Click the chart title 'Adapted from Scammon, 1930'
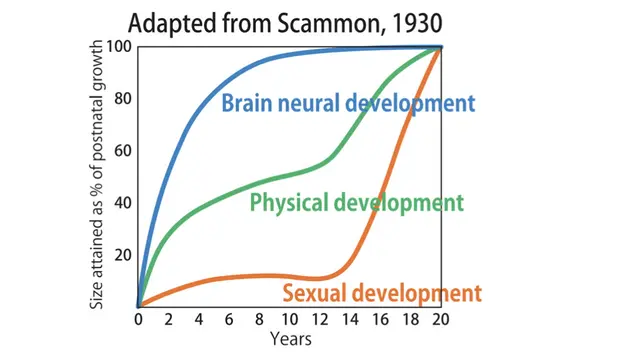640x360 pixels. pyautogui.click(x=285, y=24)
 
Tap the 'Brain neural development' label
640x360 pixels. pyautogui.click(x=348, y=103)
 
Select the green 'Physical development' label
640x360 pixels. pyautogui.click(x=356, y=203)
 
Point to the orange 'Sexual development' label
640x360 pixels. pyautogui.click(x=382, y=293)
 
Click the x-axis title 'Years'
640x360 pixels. pyautogui.click(x=291, y=339)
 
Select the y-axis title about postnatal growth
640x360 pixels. pyautogui.click(x=96, y=174)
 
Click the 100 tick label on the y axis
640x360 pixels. pyautogui.click(x=119, y=47)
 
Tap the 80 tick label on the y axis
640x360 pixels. pyautogui.click(x=123, y=99)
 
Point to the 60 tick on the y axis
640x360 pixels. pyautogui.click(x=123, y=151)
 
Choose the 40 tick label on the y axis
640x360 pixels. pyautogui.click(x=123, y=203)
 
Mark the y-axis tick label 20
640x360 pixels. pyautogui.click(x=123, y=255)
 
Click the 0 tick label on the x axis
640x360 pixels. pyautogui.click(x=138, y=320)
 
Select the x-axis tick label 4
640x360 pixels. pyautogui.click(x=199, y=320)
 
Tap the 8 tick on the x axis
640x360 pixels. pyautogui.click(x=259, y=320)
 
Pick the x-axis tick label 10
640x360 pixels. pyautogui.click(x=290, y=320)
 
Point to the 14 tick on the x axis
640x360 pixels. pyautogui.click(x=350, y=320)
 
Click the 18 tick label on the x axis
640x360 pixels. pyautogui.click(x=411, y=320)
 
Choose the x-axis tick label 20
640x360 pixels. pyautogui.click(x=441, y=320)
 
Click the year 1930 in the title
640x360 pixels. pyautogui.click(x=417, y=24)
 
